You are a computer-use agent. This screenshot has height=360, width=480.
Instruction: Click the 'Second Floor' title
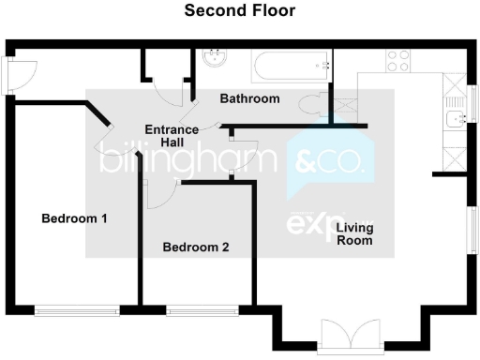(x=240, y=11)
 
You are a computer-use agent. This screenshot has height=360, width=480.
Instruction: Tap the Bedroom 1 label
(x=75, y=218)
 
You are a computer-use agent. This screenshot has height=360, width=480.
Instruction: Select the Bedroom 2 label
(x=196, y=247)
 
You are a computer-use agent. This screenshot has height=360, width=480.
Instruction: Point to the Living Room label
(x=355, y=233)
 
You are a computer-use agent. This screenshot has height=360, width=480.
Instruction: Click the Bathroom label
(x=249, y=98)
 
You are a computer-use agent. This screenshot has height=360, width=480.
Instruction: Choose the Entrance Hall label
(x=171, y=135)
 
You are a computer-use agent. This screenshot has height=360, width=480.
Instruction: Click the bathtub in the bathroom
(x=291, y=67)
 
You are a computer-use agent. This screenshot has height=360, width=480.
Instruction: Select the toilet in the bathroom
(x=313, y=104)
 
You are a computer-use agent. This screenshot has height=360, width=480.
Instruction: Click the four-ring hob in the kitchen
(x=398, y=60)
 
